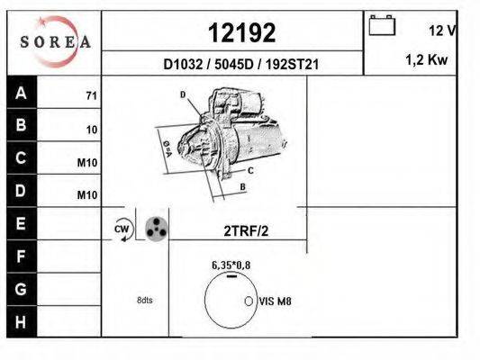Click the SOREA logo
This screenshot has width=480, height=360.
55,41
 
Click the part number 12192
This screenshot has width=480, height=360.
241,33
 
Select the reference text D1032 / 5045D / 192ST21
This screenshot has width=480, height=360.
241,65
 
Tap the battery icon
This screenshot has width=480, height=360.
383,26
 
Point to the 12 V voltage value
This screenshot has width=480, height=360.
441,31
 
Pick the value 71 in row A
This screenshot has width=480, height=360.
91,94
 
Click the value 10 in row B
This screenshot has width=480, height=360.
91,129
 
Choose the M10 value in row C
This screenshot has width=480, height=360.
87,163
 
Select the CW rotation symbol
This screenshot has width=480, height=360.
122,230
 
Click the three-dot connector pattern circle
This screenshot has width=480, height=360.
155,229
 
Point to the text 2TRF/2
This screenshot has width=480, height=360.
246,230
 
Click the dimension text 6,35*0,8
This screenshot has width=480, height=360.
231,265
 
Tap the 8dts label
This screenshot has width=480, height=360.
145,300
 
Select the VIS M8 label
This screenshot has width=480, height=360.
276,302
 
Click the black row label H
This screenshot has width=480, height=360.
21,321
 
